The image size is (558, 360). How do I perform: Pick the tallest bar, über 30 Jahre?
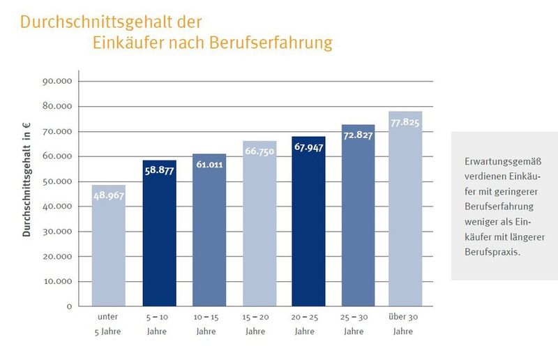click(405, 209)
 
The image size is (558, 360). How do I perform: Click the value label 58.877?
click(159, 172)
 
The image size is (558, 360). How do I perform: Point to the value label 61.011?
click(209, 165)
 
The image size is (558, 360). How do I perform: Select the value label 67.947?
click(308, 148)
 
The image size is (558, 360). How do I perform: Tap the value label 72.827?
click(358, 135)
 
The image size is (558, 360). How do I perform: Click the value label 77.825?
click(405, 123)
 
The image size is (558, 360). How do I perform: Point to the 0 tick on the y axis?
click(69, 306)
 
